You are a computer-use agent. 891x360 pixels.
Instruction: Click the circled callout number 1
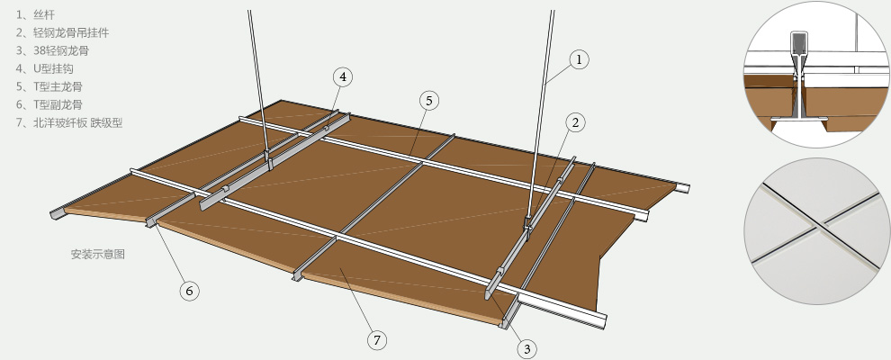point(579,59)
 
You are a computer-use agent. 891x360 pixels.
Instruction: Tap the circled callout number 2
point(575,122)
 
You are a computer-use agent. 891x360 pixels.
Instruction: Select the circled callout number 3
point(526,348)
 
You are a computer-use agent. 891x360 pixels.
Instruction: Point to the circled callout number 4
point(343,76)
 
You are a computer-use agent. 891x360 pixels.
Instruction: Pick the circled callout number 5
point(429,101)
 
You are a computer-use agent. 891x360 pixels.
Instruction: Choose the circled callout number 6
point(189,292)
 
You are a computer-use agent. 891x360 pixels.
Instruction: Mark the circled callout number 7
point(377,340)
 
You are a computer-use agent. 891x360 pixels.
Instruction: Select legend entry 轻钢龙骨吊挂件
point(62,33)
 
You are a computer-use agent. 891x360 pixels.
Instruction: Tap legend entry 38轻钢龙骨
point(52,51)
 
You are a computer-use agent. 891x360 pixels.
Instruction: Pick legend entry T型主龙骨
point(49,87)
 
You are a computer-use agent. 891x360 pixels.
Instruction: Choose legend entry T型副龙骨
point(49,104)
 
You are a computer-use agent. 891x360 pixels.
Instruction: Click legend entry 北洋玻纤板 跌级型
point(69,122)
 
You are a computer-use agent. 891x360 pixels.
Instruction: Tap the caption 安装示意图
point(98,255)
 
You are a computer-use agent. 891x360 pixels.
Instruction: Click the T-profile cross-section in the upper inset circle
point(799,79)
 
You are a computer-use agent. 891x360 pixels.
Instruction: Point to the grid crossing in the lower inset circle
point(818,229)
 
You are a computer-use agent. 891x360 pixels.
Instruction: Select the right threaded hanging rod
point(540,113)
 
